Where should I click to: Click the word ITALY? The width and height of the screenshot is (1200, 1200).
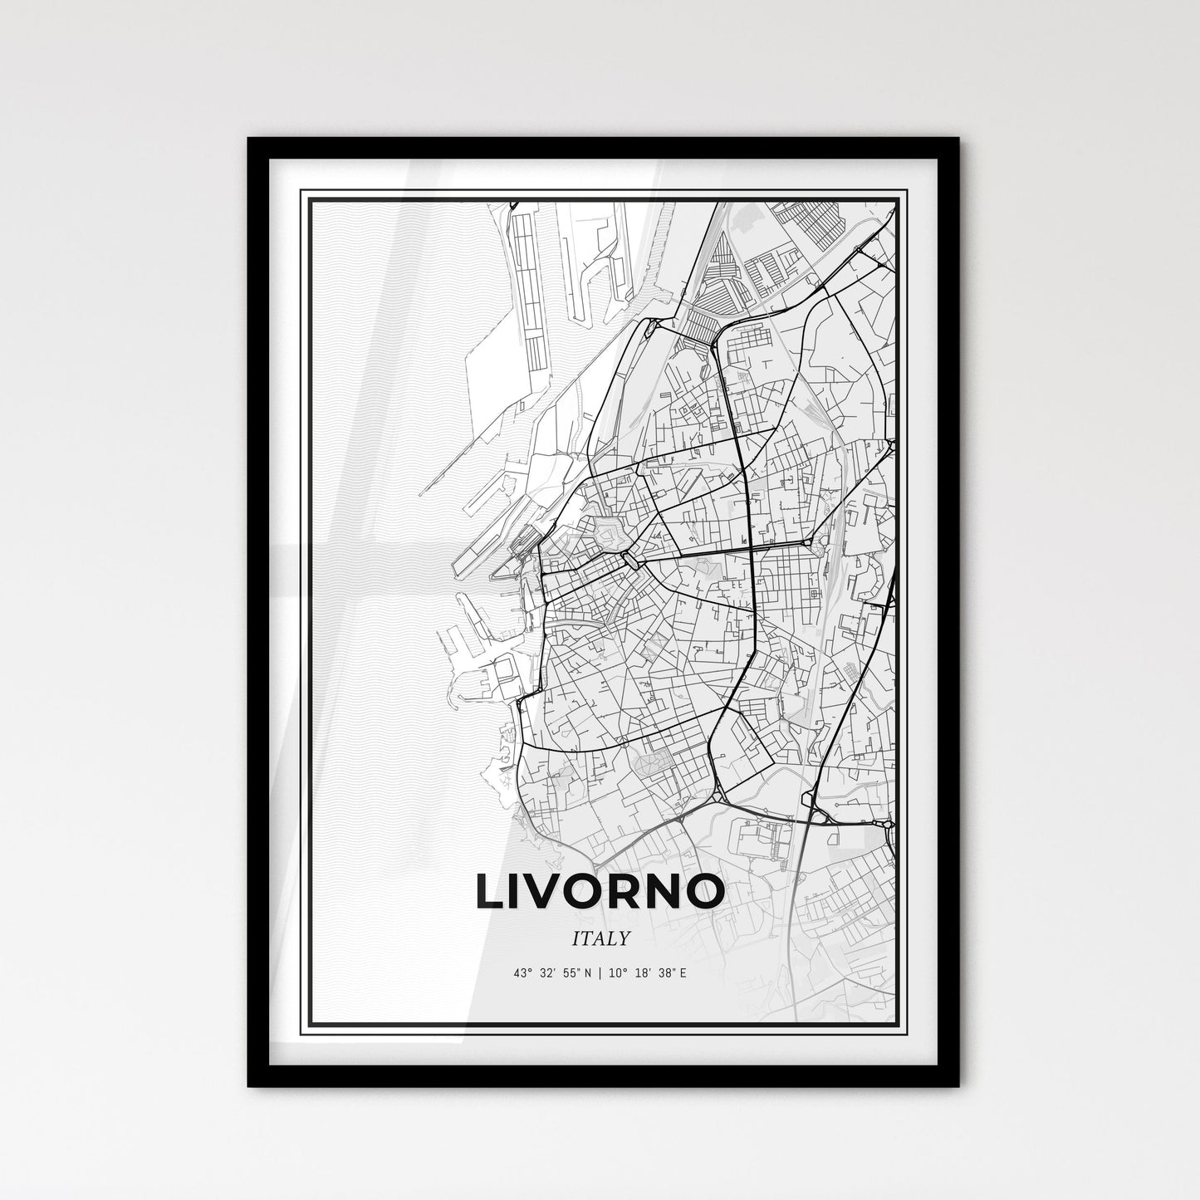pyautogui.click(x=600, y=938)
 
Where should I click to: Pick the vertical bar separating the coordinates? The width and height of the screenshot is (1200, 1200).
pyautogui.click(x=600, y=973)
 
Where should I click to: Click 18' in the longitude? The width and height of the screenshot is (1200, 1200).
pyautogui.click(x=640, y=973)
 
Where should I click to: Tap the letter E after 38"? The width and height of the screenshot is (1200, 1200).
pyautogui.click(x=683, y=973)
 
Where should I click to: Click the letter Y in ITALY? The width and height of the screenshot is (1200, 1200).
pyautogui.click(x=622, y=938)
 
